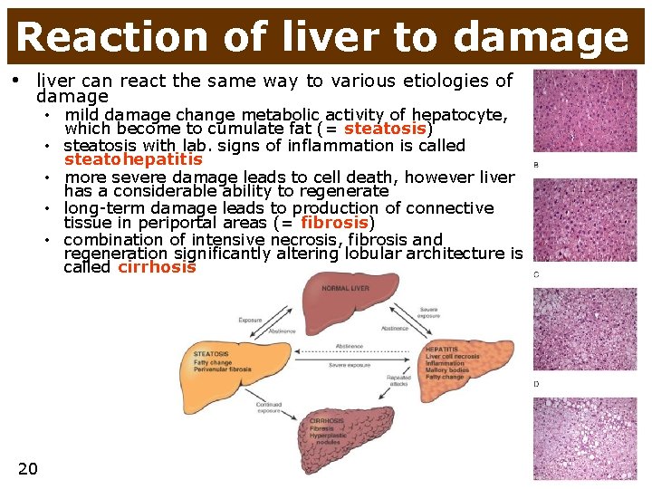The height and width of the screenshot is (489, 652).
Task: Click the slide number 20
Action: pyautogui.click(x=27, y=467)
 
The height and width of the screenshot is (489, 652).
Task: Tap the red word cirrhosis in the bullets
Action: pyautogui.click(x=156, y=267)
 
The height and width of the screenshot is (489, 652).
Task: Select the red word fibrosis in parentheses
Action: pyautogui.click(x=334, y=223)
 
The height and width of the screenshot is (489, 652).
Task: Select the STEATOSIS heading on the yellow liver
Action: pyautogui.click(x=211, y=354)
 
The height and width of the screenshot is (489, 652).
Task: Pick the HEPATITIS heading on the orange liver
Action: pyautogui.click(x=443, y=348)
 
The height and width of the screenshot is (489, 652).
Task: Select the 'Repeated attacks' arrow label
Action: pyautogui.click(x=399, y=379)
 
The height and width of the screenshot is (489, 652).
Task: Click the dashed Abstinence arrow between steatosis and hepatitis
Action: pyautogui.click(x=349, y=348)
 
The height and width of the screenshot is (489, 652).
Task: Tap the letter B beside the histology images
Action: pyautogui.click(x=536, y=165)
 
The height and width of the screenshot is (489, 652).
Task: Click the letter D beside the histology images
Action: pyautogui.click(x=536, y=384)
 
